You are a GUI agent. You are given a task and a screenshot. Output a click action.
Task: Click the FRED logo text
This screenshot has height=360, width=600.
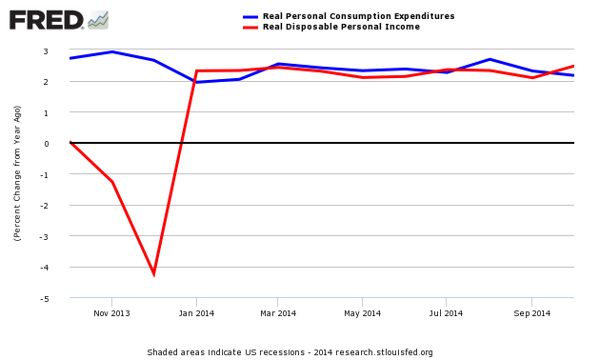click(x=46, y=18)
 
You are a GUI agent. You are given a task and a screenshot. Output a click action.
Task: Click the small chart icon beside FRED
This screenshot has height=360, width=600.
click(x=98, y=19)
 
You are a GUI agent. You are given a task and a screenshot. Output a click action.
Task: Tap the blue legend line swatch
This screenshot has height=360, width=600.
click(x=250, y=16)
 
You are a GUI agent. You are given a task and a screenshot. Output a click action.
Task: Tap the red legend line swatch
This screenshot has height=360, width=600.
click(x=250, y=27)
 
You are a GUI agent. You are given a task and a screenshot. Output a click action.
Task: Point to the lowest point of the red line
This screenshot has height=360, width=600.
click(x=154, y=274)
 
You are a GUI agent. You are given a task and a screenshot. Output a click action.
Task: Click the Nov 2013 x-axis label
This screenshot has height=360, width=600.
click(x=112, y=312)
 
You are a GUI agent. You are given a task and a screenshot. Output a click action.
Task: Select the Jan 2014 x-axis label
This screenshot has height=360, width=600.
click(x=196, y=312)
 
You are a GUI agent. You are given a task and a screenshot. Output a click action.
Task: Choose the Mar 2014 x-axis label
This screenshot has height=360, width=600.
click(x=278, y=312)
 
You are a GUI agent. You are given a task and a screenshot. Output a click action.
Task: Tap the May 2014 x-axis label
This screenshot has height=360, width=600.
click(x=363, y=312)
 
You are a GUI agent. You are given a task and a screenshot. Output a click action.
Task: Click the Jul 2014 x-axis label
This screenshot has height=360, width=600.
click(x=446, y=312)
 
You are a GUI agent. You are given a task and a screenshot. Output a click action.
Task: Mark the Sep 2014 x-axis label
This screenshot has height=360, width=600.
click(x=531, y=312)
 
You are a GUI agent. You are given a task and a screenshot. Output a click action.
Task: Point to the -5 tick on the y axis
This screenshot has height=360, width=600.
click(x=58, y=298)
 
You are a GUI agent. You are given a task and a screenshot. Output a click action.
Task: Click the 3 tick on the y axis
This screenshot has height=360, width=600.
click(x=60, y=50)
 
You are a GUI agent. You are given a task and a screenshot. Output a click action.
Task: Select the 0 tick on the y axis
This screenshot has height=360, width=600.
click(x=60, y=143)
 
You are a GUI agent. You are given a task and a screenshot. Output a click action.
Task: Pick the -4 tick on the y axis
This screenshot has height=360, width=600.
click(x=58, y=268)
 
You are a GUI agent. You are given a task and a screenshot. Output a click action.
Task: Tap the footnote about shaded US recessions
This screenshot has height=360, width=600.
click(x=290, y=351)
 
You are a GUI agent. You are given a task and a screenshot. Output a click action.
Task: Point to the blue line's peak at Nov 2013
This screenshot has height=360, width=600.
click(x=112, y=51)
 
